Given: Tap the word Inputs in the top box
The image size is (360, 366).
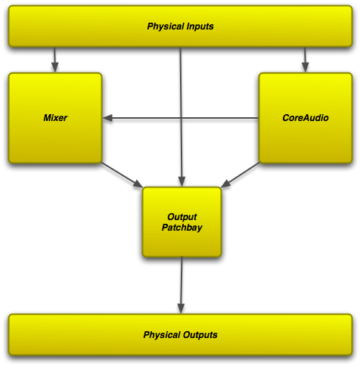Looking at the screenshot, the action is pyautogui.click(x=200, y=26).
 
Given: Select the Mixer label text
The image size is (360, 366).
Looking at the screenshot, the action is pyautogui.click(x=55, y=118).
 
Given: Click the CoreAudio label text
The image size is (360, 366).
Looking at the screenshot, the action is pyautogui.click(x=306, y=118).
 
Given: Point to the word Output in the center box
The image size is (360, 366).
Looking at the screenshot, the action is pyautogui.click(x=182, y=217).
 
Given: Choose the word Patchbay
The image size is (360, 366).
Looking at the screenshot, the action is pyautogui.click(x=182, y=228).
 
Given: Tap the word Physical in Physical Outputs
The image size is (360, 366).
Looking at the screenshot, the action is pyautogui.click(x=162, y=335).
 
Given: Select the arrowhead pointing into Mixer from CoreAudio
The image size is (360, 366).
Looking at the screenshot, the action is pyautogui.click(x=107, y=118).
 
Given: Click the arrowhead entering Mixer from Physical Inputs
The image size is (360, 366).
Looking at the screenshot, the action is pyautogui.click(x=55, y=67).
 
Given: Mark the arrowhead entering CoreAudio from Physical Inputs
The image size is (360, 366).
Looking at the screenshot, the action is pyautogui.click(x=305, y=67).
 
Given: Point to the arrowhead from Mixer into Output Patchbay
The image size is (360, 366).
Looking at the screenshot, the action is pyautogui.click(x=138, y=184).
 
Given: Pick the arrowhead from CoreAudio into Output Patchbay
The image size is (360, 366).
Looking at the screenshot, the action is pyautogui.click(x=225, y=184).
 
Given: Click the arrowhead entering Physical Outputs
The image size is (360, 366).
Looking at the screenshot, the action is pyautogui.click(x=181, y=309).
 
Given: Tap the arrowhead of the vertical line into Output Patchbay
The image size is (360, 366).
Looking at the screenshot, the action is pyautogui.click(x=182, y=181).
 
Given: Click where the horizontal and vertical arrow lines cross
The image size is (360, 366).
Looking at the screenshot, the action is pyautogui.click(x=181, y=118).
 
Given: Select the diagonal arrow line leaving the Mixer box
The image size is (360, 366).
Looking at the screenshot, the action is pyautogui.click(x=122, y=175).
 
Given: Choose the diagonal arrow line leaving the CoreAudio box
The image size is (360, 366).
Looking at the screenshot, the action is pyautogui.click(x=240, y=175).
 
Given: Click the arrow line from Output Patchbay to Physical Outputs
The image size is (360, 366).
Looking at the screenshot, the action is pyautogui.click(x=182, y=285).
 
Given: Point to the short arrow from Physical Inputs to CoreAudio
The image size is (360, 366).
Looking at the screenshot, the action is pyautogui.click(x=305, y=60).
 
